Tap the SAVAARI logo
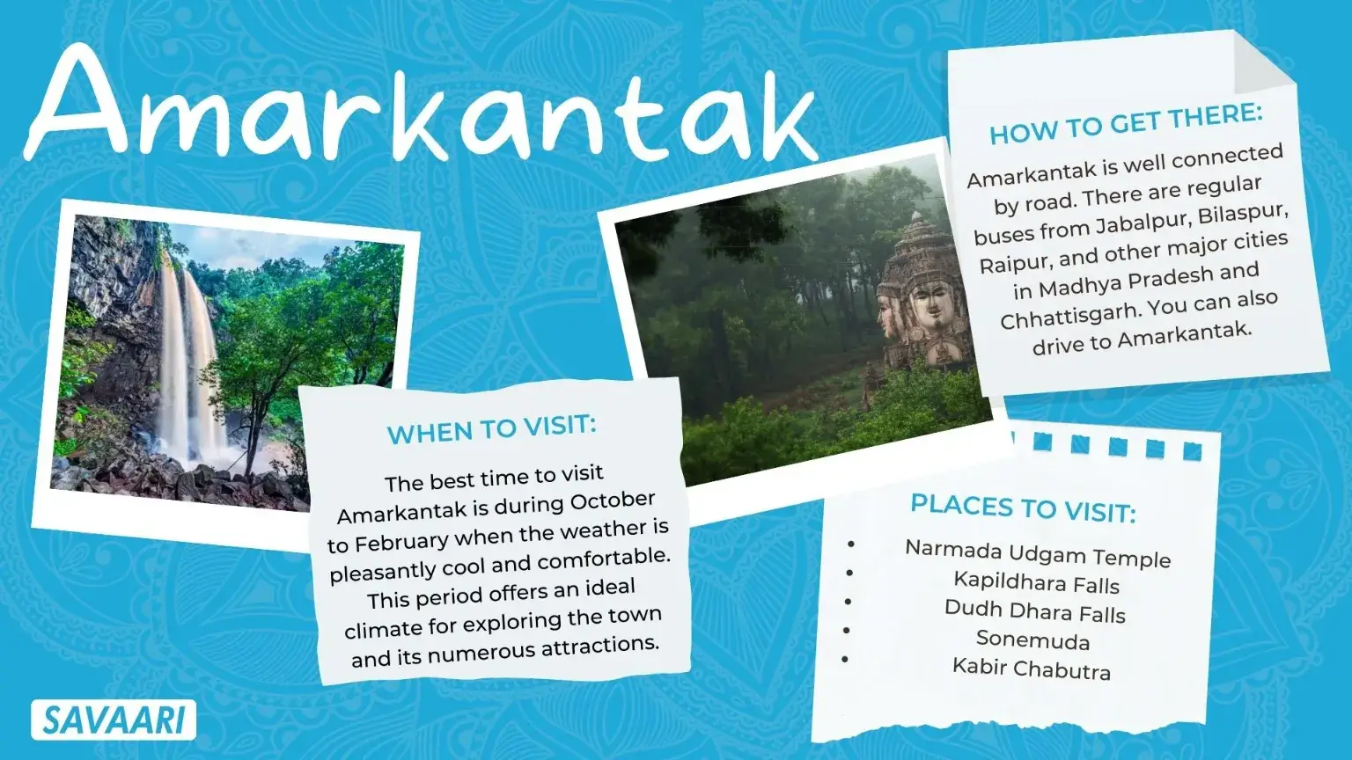(114, 720)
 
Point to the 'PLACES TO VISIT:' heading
(1023, 508)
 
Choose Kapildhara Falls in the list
(1036, 582)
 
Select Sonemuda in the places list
(1032, 639)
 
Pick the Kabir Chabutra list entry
(1031, 669)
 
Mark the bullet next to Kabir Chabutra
(845, 659)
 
